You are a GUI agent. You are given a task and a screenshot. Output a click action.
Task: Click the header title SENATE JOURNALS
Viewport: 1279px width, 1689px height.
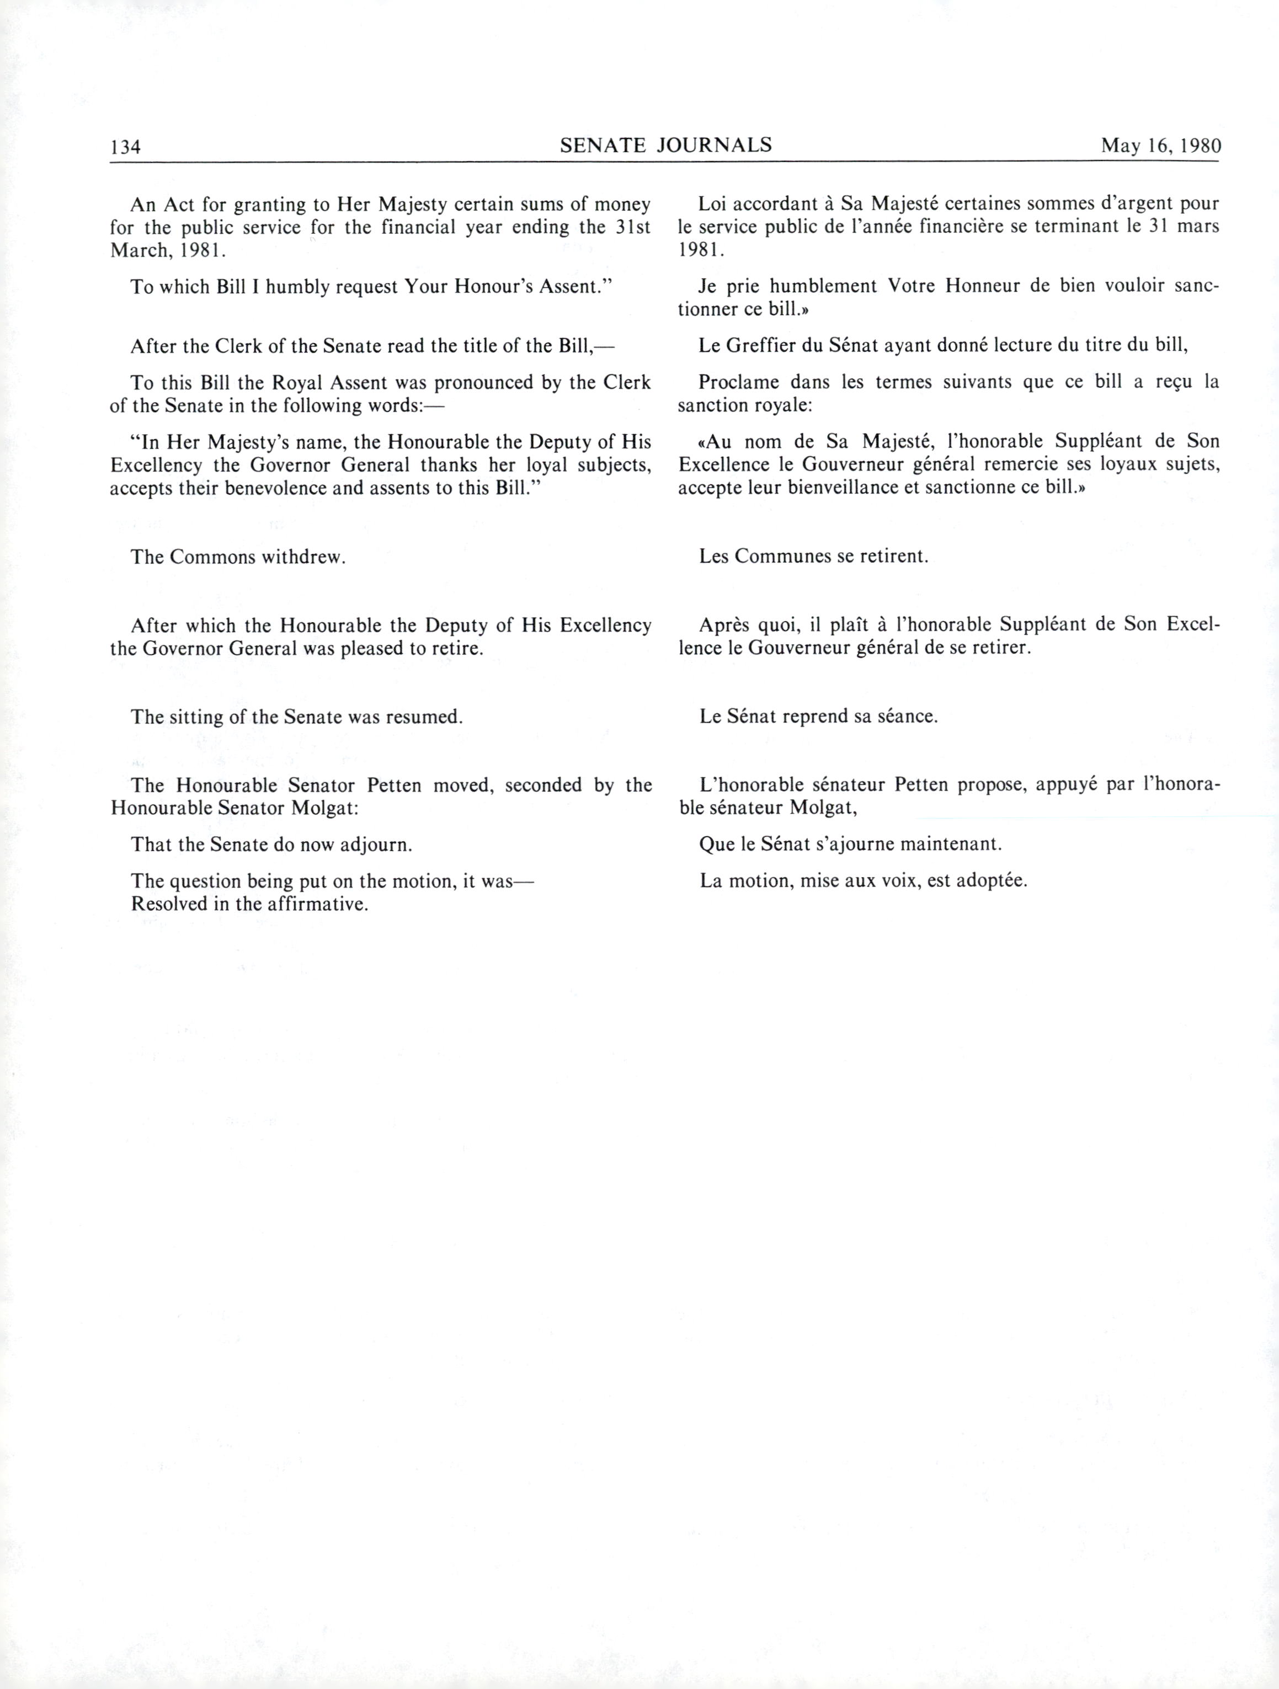pos(666,145)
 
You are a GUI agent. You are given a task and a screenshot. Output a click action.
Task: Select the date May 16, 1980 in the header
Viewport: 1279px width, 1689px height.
pos(1160,146)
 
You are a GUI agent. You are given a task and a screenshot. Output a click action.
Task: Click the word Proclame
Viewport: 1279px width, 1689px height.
pos(738,381)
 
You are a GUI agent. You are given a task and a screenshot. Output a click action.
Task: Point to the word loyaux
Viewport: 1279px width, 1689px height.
pos(1118,464)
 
